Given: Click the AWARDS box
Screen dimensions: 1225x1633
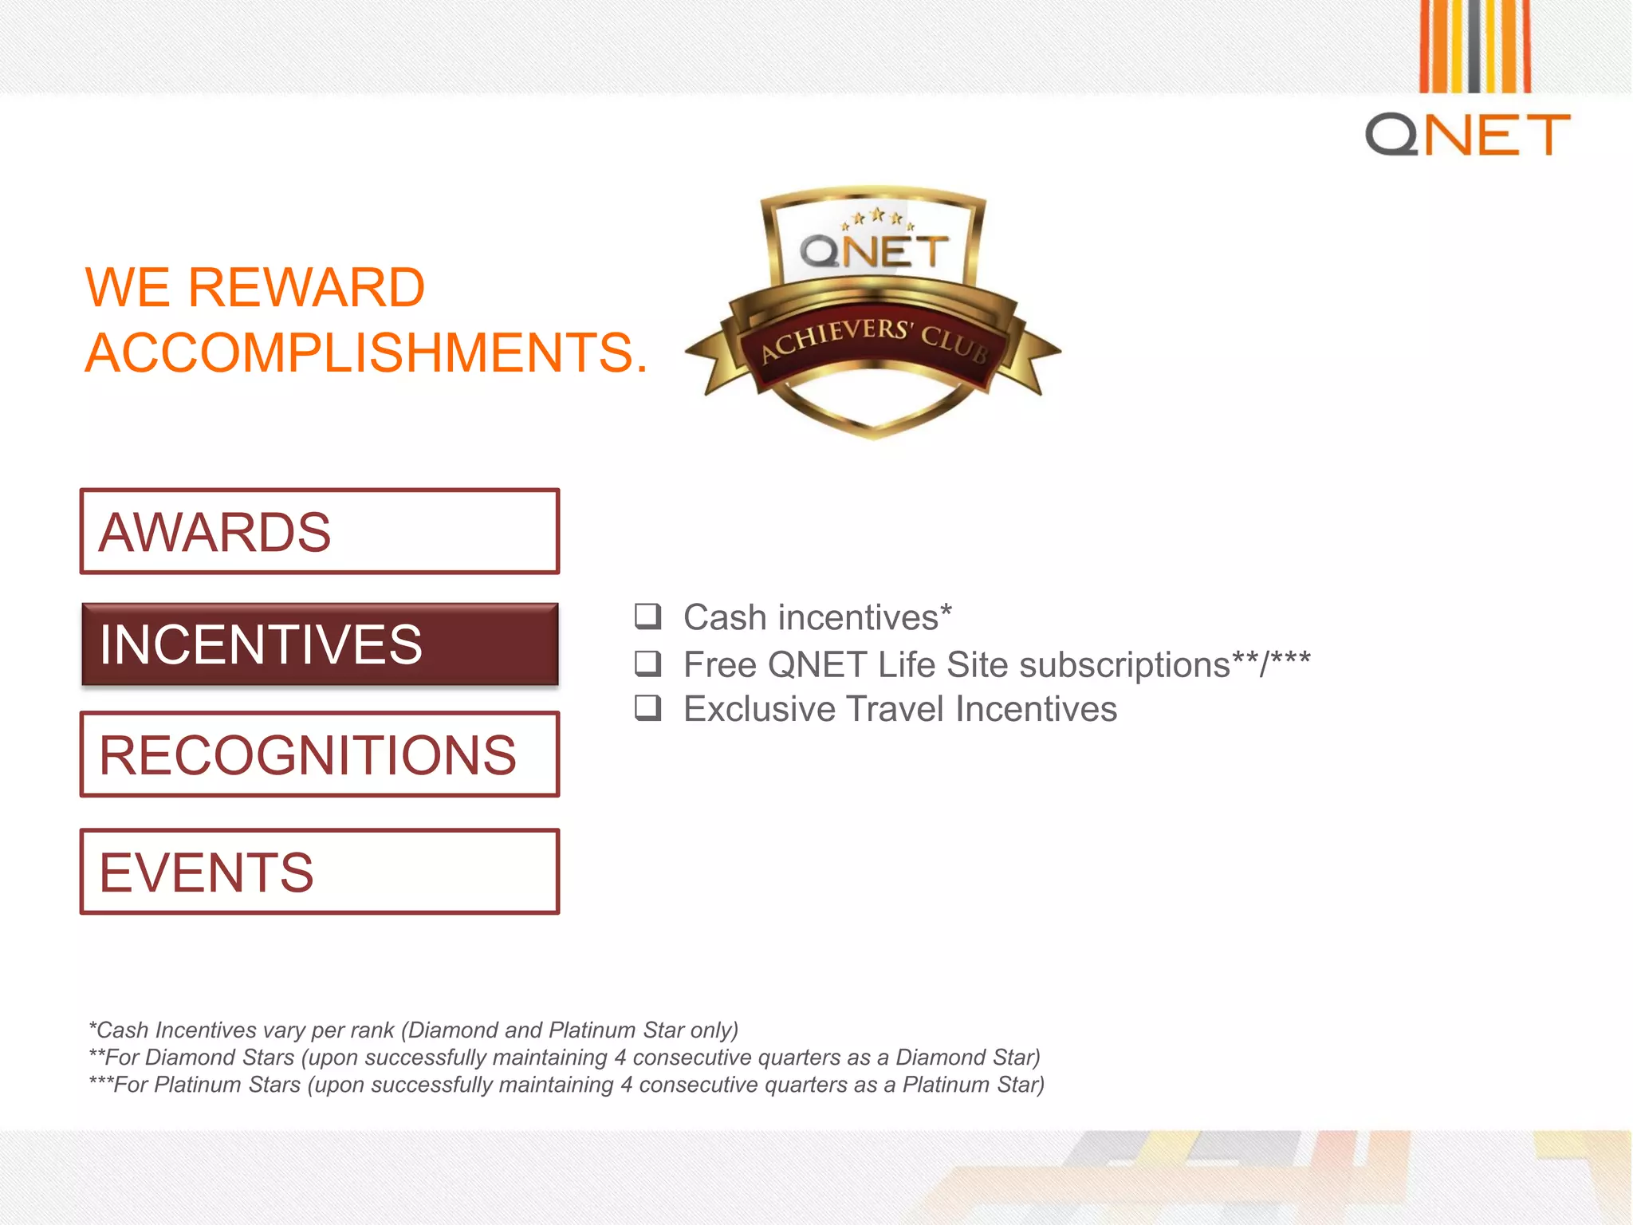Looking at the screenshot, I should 319,531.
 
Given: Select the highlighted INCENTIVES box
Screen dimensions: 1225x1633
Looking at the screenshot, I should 319,644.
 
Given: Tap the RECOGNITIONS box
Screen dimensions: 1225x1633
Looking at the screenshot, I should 319,754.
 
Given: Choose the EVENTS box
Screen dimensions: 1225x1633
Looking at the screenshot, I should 319,871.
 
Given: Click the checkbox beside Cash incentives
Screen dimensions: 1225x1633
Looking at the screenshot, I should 647,616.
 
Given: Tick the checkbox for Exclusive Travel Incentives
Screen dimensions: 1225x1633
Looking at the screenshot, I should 647,708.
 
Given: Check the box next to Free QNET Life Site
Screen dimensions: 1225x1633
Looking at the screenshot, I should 647,663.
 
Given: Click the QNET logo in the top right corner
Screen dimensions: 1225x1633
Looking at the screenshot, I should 1467,134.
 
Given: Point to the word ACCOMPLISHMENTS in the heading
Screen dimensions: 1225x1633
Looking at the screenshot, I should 366,353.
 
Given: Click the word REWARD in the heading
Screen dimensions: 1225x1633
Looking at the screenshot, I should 305,287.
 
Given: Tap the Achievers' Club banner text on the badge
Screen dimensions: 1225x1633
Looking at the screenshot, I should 874,340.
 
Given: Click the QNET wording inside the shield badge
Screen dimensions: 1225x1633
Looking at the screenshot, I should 874,252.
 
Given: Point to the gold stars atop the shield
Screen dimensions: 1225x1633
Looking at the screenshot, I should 877,217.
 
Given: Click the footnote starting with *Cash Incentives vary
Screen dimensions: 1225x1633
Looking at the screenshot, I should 413,1030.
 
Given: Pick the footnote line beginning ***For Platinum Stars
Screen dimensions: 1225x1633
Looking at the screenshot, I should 566,1085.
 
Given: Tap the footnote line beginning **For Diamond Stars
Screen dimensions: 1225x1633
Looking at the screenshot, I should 565,1058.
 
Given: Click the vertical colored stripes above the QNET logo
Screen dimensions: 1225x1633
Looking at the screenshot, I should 1474,46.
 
